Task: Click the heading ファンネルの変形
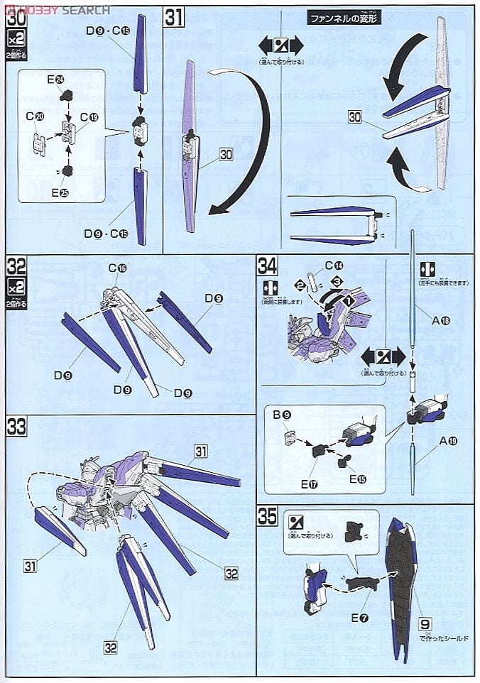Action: [344, 19]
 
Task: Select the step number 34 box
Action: [268, 266]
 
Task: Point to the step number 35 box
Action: [268, 516]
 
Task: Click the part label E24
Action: [55, 80]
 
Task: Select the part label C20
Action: [35, 116]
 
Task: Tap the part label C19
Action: [89, 116]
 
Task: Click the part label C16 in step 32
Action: [117, 268]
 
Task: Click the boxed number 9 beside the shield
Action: [424, 623]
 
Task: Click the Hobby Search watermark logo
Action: [56, 10]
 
